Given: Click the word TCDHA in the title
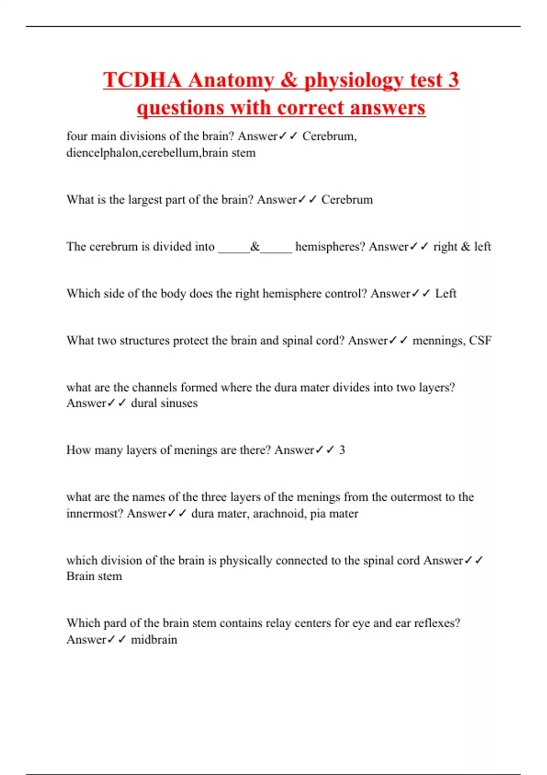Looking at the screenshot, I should [143, 80].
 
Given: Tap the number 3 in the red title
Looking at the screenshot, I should [453, 80].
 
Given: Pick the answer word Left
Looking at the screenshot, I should [445, 294].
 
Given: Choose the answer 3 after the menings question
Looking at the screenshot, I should [342, 450].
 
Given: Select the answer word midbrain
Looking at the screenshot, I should [154, 640].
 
